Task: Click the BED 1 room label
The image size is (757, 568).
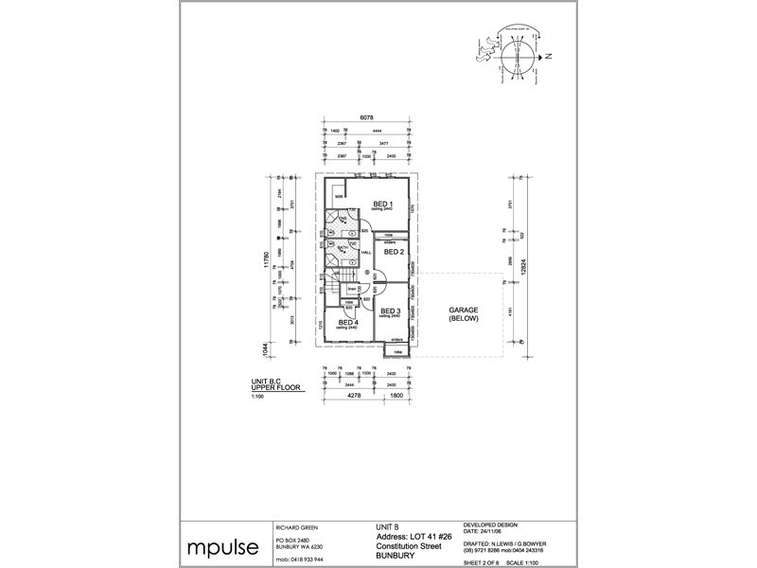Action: tap(382, 204)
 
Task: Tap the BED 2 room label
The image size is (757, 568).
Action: tap(395, 252)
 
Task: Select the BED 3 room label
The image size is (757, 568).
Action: tap(392, 311)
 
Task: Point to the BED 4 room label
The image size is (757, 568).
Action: tap(348, 323)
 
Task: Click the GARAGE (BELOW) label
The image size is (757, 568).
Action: tap(464, 314)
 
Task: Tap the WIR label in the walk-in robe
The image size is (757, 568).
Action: tap(337, 197)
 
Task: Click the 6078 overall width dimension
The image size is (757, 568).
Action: tap(364, 116)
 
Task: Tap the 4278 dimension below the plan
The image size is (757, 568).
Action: tap(353, 409)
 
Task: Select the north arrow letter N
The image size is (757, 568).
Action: tap(550, 57)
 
